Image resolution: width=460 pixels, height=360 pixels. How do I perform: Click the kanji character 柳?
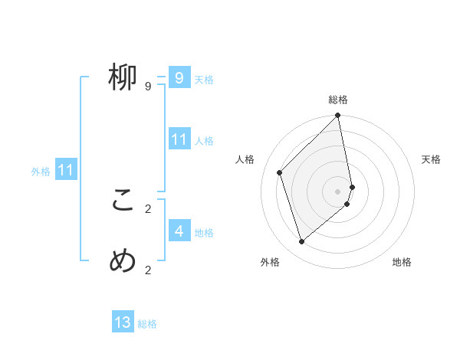click(x=123, y=77)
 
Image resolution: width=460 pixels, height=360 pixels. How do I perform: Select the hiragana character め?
click(x=123, y=261)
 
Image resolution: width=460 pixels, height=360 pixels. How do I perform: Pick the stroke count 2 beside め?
click(x=148, y=270)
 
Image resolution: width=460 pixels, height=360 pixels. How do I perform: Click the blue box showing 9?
click(x=179, y=77)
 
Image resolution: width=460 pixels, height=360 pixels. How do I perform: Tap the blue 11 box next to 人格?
click(x=179, y=139)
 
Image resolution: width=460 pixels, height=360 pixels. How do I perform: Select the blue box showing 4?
click(x=179, y=231)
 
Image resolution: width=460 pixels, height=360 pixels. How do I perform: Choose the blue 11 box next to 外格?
click(x=66, y=170)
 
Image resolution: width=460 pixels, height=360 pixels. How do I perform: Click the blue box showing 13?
click(x=123, y=322)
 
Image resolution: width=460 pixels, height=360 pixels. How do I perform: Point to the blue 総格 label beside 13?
click(x=147, y=324)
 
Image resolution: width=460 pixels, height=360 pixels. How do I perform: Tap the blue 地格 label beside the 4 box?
click(x=204, y=232)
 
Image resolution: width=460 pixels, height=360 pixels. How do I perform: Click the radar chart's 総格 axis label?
click(x=338, y=100)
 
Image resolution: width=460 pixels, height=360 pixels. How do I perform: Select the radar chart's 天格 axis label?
click(x=431, y=159)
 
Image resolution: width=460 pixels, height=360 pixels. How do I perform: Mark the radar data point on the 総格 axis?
click(x=338, y=116)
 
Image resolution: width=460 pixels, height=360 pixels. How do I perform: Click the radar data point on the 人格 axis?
click(x=280, y=172)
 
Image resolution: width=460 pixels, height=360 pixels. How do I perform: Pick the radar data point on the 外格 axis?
click(x=302, y=241)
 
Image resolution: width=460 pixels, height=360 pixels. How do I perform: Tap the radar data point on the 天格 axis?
click(x=353, y=187)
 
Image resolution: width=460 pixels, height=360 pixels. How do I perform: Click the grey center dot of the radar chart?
click(x=338, y=191)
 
